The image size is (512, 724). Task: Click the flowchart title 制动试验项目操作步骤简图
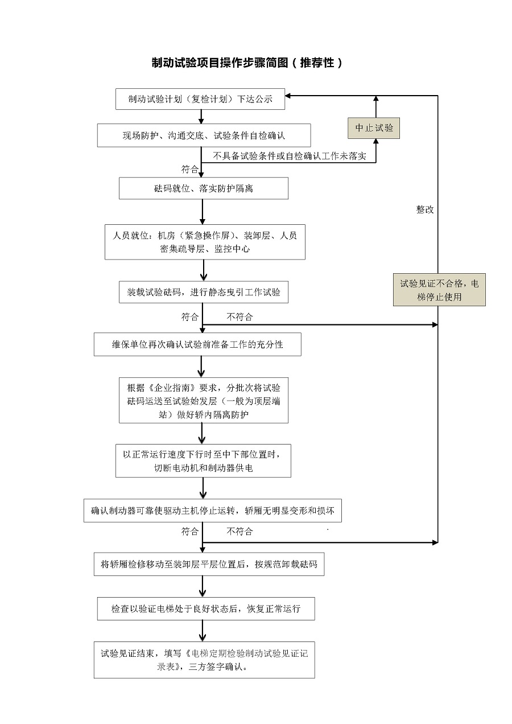[247, 63]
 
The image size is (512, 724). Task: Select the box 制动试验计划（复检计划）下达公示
[200, 99]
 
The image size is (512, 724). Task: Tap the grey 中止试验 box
[374, 127]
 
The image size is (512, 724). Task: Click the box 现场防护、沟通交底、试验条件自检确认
[204, 135]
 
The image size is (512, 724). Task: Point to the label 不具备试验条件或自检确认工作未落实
[290, 155]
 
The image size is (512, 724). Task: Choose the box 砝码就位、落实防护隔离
[203, 188]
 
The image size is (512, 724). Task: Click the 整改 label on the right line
[425, 209]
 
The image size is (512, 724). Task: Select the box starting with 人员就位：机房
[205, 242]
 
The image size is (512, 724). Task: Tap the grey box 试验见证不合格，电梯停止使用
[439, 290]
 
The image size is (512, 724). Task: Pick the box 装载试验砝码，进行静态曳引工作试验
[203, 293]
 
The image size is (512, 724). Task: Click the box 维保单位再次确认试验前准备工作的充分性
[197, 344]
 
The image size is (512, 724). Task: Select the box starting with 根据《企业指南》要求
[203, 401]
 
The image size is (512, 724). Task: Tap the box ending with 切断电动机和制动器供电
[203, 460]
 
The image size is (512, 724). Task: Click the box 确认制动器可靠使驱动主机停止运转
[212, 511]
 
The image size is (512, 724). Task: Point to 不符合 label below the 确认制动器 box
[240, 532]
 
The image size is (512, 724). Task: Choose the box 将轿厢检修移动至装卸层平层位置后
[209, 565]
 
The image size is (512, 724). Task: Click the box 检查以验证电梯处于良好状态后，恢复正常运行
[205, 608]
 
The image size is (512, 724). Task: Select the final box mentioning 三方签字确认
[204, 660]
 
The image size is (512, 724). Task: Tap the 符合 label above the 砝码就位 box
[190, 169]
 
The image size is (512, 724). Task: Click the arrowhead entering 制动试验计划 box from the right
[288, 96]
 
